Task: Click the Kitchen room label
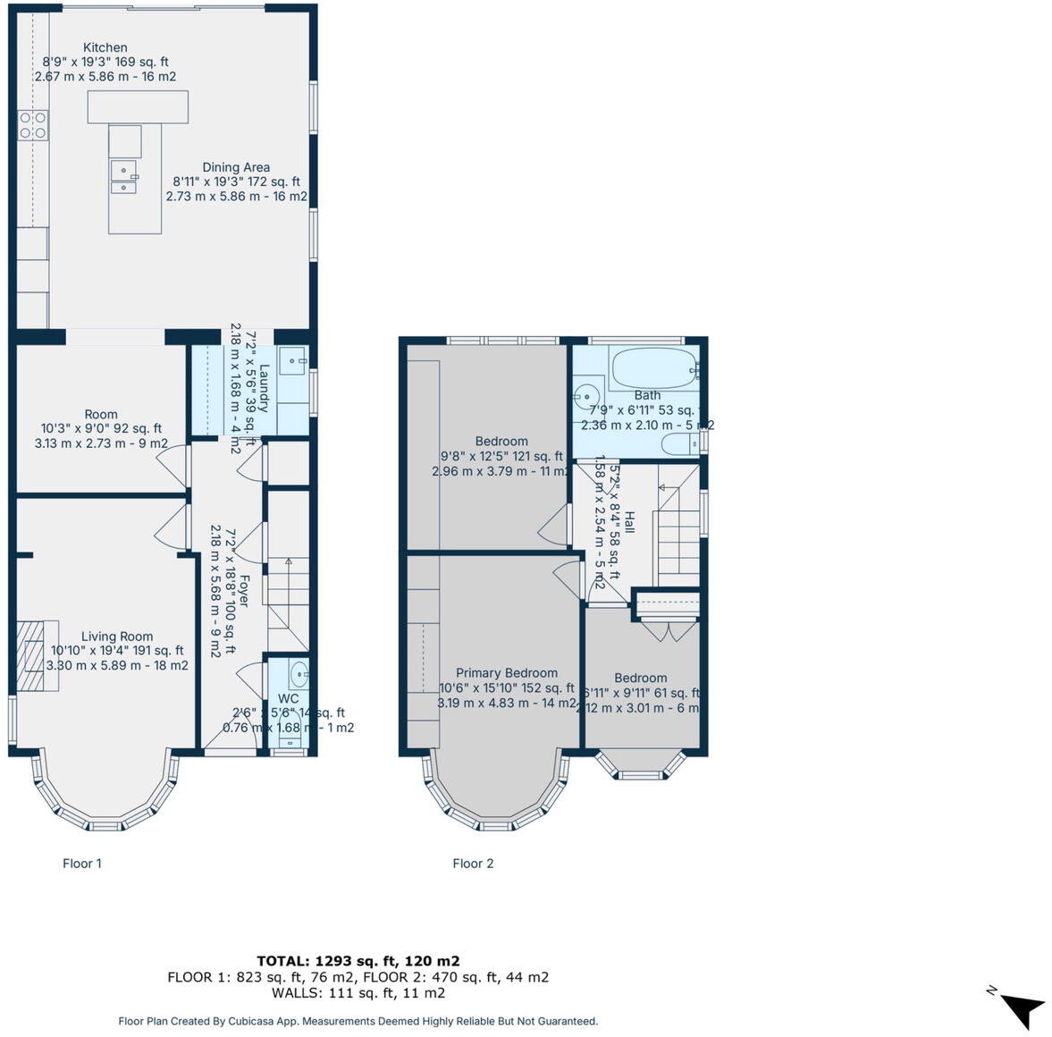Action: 105,48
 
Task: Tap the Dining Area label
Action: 236,167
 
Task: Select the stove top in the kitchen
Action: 33,124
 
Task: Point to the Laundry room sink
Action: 292,361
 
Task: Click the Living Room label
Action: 117,637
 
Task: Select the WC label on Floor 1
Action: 288,698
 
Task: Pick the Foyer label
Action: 242,590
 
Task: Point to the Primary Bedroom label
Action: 506,673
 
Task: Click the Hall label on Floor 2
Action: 628,523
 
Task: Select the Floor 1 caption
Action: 82,864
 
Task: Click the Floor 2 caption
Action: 473,864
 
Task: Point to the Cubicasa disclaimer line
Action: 358,1021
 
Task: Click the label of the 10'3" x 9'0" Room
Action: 101,414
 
